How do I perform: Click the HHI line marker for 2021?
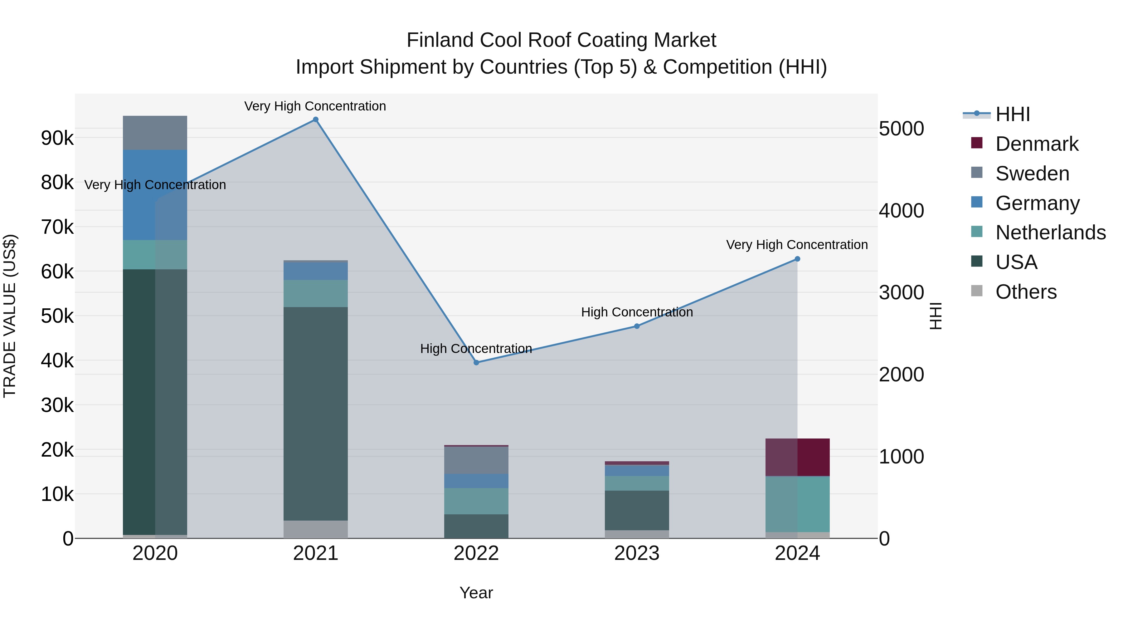316,120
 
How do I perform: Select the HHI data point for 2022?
476,362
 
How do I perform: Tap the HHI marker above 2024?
797,259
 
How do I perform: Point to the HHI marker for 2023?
636,326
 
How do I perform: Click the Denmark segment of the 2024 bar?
797,457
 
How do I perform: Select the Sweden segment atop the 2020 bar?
155,133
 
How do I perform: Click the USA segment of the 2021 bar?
316,414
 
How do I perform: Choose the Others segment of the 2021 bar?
316,529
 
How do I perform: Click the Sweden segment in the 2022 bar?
476,460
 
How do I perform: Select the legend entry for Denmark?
1037,144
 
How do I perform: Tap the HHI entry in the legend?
1012,114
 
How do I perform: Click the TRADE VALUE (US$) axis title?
10,316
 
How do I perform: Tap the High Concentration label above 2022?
476,349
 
